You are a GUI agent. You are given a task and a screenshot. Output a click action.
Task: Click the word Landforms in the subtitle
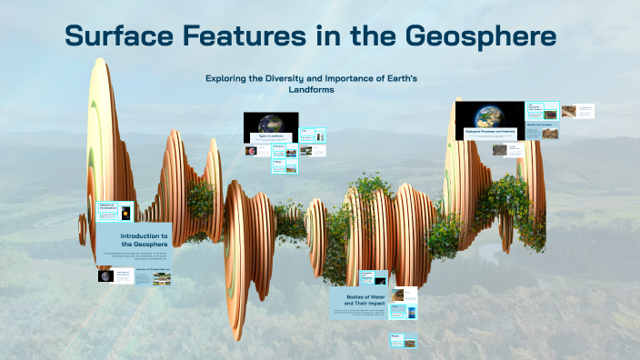tap(311, 89)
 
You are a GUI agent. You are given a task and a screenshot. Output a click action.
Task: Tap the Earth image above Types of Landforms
tap(271, 123)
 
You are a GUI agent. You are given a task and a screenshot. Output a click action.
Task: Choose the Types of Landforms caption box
tap(271, 136)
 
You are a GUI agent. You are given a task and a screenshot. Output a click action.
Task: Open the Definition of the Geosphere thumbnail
tap(115, 211)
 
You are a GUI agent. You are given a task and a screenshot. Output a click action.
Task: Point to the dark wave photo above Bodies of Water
tap(368, 277)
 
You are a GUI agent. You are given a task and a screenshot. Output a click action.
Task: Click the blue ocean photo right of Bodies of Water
tap(411, 314)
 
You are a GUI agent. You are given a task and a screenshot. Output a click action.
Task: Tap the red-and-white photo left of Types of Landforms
tap(250, 151)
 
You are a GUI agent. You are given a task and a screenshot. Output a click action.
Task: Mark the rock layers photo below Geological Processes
tap(499, 149)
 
